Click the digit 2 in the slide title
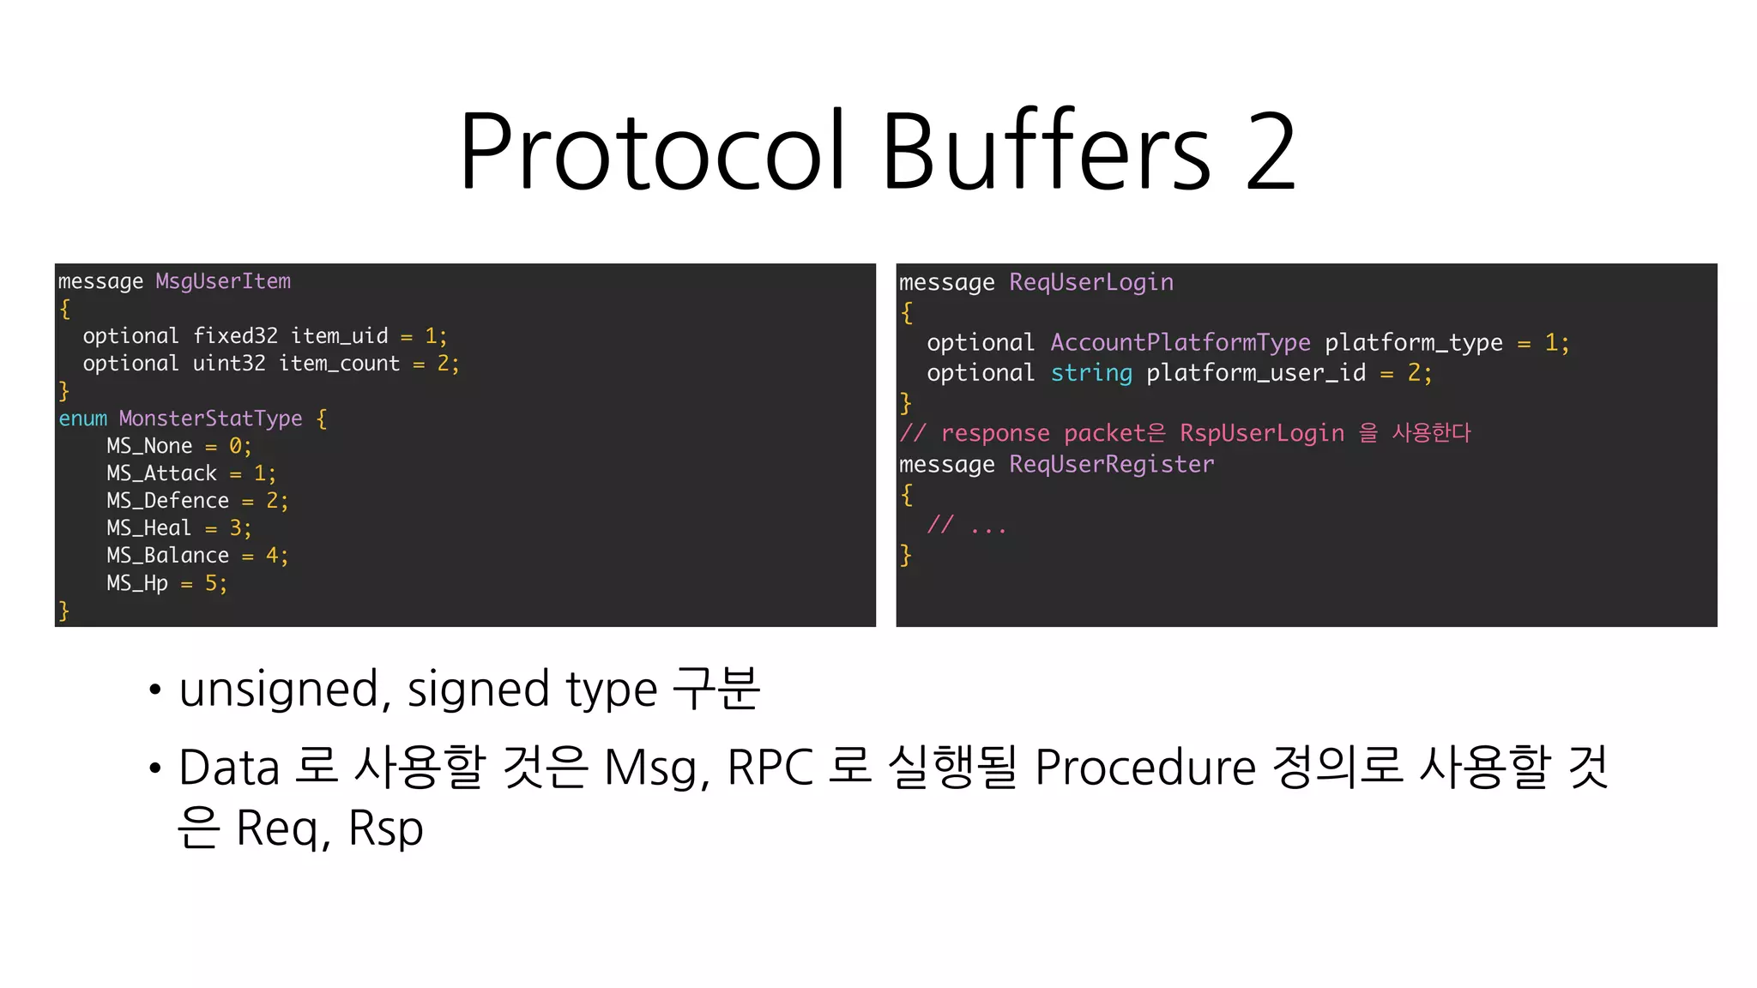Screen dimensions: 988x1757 [1271, 152]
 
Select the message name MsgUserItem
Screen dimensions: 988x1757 [223, 281]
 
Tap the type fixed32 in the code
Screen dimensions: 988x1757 [235, 336]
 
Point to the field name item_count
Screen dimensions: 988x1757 [340, 364]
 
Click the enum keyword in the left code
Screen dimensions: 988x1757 [82, 419]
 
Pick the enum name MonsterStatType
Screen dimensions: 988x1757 [210, 419]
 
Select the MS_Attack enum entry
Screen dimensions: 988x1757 [161, 473]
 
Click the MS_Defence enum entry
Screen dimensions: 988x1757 [167, 501]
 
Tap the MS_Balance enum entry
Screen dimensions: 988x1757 [167, 556]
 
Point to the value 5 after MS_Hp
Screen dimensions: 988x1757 [211, 584]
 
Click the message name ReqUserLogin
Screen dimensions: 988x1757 [1091, 282]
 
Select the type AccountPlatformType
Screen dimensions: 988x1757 [1180, 343]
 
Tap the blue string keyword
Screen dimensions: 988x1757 [1091, 373]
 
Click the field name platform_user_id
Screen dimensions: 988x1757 [1256, 373]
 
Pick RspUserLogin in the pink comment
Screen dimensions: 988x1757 [1262, 433]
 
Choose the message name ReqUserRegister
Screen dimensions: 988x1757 [1112, 464]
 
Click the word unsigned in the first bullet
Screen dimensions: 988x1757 [279, 689]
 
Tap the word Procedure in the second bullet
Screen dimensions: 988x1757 [1145, 767]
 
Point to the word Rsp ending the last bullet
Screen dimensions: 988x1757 [386, 828]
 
